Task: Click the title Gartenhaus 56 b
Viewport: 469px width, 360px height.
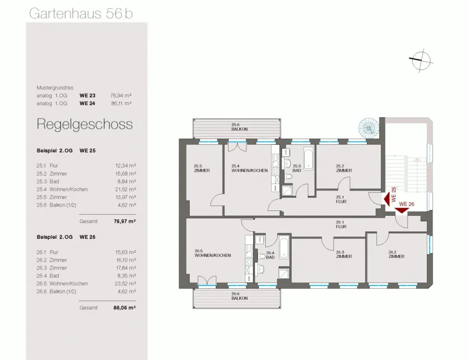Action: pos(81,14)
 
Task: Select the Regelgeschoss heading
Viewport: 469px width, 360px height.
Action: pos(84,125)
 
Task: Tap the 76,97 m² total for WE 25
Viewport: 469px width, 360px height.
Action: pos(125,221)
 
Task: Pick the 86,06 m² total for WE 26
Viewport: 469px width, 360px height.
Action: pos(125,308)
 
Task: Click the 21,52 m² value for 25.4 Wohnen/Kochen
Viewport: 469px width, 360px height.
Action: pos(126,189)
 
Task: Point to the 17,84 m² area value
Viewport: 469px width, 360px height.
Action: pos(126,268)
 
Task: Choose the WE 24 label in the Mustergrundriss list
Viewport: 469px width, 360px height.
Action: pos(88,104)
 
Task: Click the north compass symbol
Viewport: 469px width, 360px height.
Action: pos(421,61)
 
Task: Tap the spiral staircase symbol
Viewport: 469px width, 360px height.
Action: pos(368,128)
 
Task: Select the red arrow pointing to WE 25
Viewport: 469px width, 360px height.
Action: pos(387,198)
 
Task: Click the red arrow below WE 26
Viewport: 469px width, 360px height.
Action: pos(402,210)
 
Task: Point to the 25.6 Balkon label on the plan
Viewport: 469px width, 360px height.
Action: pos(239,127)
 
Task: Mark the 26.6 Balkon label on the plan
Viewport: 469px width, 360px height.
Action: pos(239,296)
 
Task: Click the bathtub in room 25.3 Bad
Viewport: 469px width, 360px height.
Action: pos(308,158)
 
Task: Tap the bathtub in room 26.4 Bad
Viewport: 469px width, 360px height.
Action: pos(284,247)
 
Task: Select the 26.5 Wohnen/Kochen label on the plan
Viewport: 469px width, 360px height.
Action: pos(213,253)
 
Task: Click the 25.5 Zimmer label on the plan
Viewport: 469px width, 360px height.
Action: pos(202,168)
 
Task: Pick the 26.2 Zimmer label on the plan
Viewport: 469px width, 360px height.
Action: pos(397,254)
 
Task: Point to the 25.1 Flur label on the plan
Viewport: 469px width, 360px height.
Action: pos(341,200)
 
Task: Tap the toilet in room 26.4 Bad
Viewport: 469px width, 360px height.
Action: pos(262,256)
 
